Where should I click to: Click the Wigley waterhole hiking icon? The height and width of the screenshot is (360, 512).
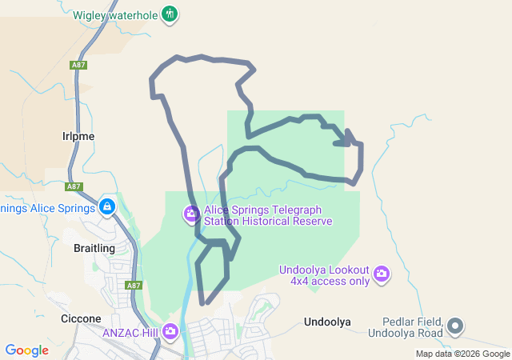pos(169,14)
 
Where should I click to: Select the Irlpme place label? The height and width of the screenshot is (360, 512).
pos(78,136)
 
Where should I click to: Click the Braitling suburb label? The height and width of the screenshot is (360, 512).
pos(94,248)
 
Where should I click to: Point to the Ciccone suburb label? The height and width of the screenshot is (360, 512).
pos(81,318)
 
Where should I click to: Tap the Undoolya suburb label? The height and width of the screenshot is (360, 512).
pos(327,322)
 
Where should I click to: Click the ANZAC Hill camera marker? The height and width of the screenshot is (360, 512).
pos(170,331)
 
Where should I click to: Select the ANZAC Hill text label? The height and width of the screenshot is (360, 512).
pos(130,331)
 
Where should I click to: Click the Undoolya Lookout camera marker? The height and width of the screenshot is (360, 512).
pos(382,274)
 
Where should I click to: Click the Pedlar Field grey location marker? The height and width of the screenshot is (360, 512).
pos(455,326)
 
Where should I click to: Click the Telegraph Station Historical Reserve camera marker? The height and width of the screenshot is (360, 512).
pos(191,214)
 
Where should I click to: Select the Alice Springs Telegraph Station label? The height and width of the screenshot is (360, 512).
pos(268,214)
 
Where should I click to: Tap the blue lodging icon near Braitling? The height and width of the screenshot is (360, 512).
pos(108,208)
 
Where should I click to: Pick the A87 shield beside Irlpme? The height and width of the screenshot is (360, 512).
pos(74,186)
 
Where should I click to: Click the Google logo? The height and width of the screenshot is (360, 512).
pos(27,350)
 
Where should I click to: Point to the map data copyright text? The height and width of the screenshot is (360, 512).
pos(462,354)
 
